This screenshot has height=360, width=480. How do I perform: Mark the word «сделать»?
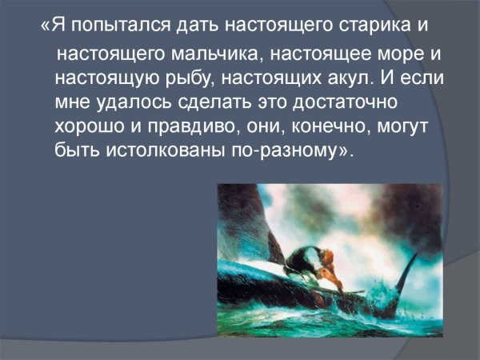[x=210, y=104]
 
